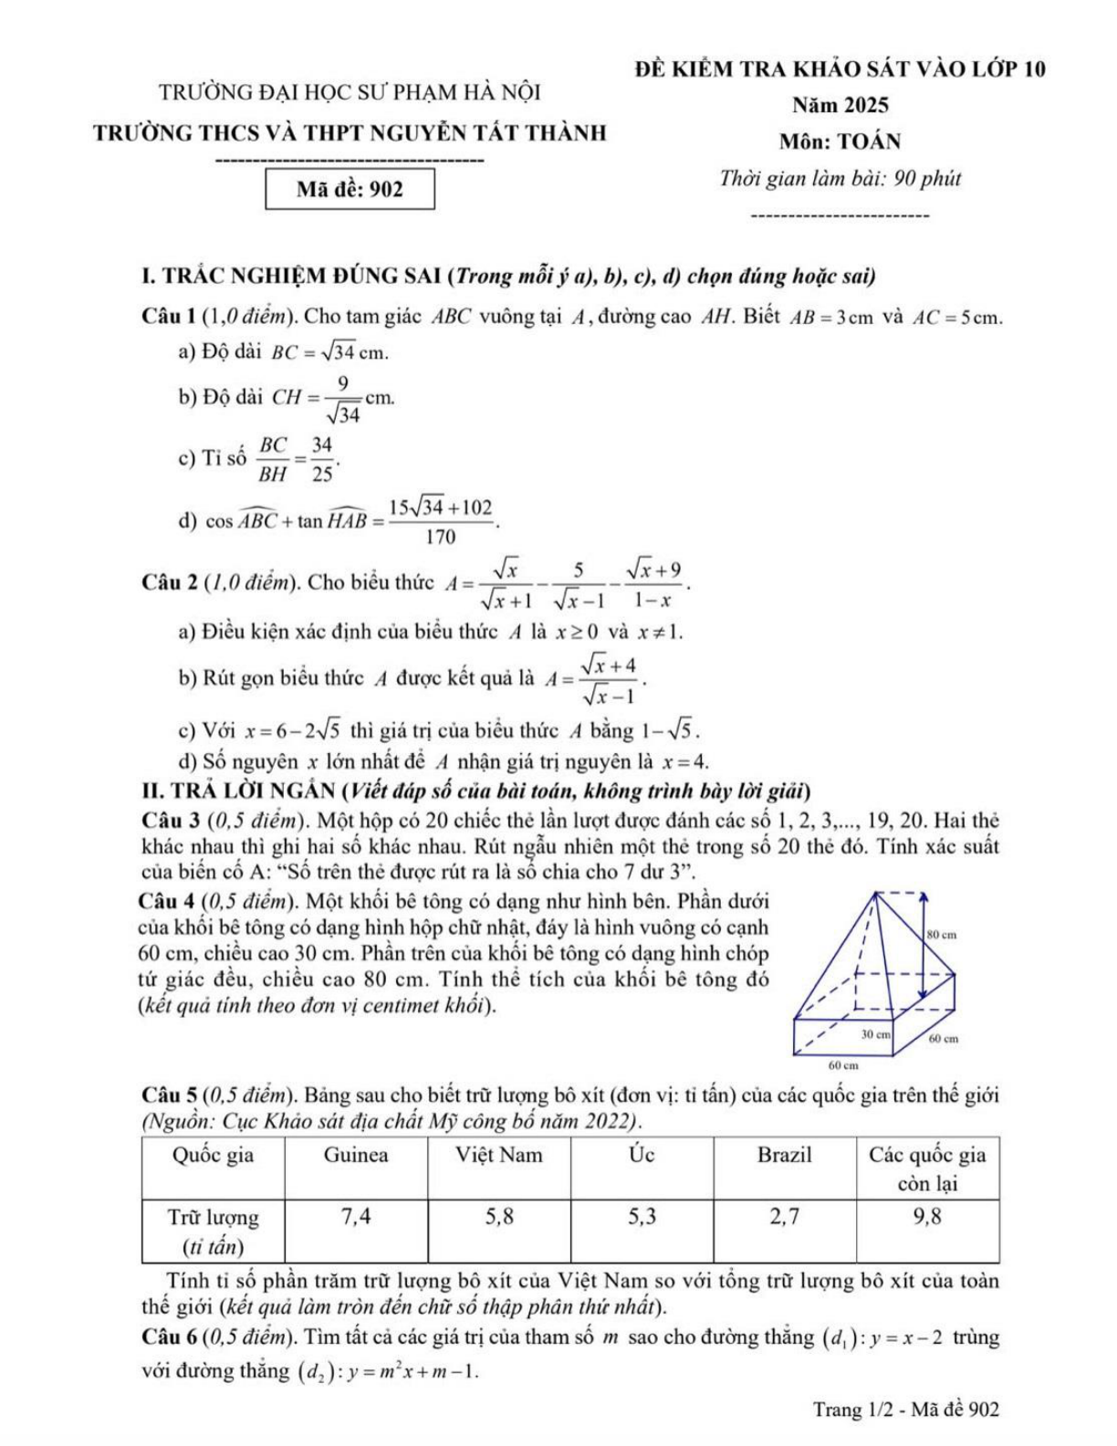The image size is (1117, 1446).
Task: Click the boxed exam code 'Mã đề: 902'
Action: point(350,189)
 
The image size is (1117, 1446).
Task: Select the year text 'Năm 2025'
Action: point(840,105)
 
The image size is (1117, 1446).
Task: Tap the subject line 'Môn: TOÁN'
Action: point(840,141)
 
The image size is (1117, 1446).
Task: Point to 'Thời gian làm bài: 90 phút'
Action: point(840,178)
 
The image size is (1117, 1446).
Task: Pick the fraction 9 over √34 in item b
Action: point(343,399)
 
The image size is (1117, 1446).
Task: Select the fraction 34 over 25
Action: point(321,458)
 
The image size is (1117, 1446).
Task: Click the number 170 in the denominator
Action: point(440,538)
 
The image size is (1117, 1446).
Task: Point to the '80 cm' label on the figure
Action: point(942,935)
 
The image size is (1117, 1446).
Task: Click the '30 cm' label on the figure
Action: point(876,1034)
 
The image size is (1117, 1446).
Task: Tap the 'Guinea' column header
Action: point(356,1156)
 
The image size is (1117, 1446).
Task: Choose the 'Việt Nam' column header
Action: point(498,1156)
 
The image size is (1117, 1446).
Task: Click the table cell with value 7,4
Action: point(356,1217)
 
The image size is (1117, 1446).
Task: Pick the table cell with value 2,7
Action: point(784,1217)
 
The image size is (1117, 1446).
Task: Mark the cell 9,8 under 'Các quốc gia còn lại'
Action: point(927,1217)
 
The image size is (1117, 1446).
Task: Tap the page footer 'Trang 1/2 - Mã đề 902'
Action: point(905,1409)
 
